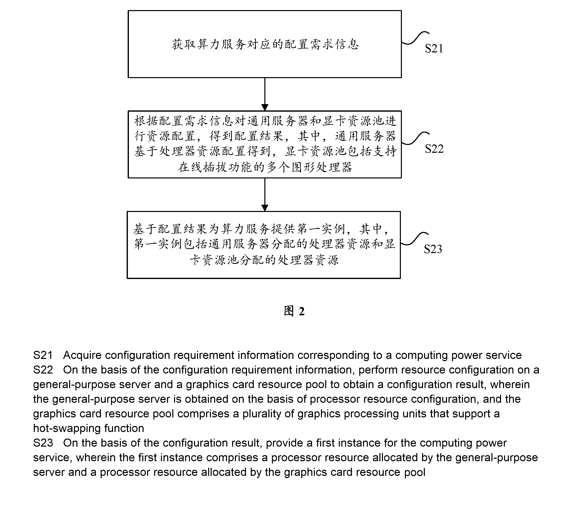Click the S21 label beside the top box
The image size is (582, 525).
click(x=434, y=48)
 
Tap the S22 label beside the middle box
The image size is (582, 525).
click(x=434, y=149)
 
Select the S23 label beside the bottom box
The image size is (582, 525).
click(x=433, y=249)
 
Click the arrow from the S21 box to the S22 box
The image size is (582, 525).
click(x=265, y=94)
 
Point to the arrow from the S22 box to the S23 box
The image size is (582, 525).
click(x=265, y=195)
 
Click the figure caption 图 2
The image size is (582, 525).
click(x=294, y=311)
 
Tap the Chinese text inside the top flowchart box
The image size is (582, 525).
click(x=265, y=44)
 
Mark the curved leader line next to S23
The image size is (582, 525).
click(x=414, y=239)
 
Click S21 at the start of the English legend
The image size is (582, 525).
click(x=43, y=355)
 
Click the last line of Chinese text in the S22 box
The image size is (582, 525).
click(x=265, y=167)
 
